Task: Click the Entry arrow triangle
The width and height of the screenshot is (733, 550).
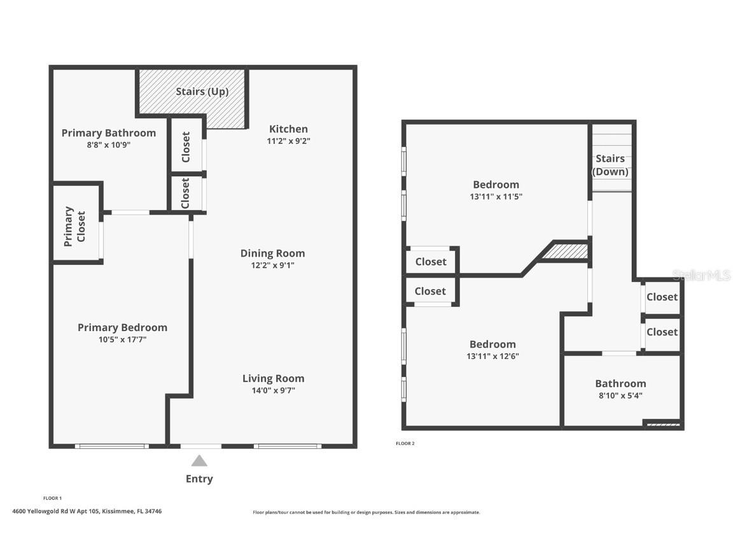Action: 199,461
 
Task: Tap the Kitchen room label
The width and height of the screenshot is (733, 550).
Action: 288,129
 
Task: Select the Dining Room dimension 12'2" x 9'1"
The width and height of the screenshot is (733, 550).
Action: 272,265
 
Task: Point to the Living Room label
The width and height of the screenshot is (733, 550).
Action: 273,378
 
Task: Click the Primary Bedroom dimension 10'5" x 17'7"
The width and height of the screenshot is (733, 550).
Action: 122,340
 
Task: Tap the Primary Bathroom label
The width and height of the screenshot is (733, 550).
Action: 108,133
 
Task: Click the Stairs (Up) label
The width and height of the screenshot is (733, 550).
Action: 202,92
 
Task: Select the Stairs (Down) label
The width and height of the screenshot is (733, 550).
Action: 610,165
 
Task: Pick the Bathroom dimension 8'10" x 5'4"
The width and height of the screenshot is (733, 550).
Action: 620,395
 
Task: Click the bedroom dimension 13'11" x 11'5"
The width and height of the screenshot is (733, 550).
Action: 496,197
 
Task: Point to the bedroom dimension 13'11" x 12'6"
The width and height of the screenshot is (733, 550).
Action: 492,356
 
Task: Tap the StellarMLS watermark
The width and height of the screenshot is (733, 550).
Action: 701,275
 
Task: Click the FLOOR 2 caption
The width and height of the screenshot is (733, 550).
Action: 405,444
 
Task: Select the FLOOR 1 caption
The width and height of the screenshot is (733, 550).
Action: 52,498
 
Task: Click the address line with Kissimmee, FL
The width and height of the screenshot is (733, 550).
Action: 87,511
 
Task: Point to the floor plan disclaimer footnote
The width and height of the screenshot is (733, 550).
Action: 366,512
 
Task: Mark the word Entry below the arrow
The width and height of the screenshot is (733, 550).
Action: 199,479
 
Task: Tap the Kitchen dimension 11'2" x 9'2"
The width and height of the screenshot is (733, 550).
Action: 288,141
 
